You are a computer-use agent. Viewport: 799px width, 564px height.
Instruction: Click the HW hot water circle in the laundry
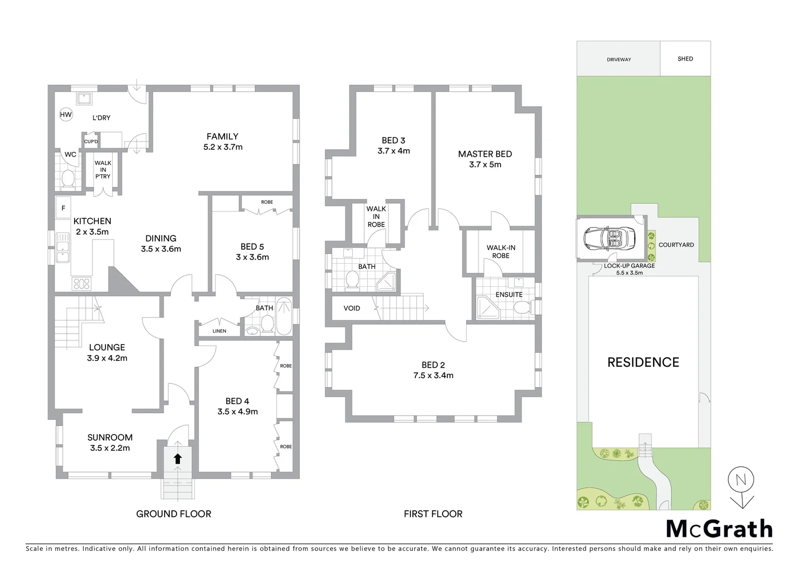[x=66, y=115]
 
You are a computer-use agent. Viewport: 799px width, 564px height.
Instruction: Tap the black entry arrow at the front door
[x=177, y=459]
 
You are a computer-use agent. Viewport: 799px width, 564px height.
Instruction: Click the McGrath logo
[x=719, y=528]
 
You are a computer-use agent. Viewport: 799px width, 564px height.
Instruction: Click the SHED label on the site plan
[x=685, y=59]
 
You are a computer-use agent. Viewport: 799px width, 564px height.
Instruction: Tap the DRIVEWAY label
[x=619, y=60]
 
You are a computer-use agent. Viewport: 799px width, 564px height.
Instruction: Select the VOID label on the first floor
[x=352, y=308]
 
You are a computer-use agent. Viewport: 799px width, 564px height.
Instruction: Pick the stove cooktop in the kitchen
[x=81, y=284]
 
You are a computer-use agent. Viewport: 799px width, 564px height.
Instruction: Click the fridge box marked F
[x=64, y=208]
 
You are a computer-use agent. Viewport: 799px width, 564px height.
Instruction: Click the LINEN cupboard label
[x=219, y=331]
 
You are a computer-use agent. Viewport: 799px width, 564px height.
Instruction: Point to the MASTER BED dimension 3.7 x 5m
[x=484, y=164]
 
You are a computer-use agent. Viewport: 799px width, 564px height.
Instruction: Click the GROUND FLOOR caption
[x=173, y=514]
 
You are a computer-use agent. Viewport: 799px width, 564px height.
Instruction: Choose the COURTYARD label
[x=676, y=245]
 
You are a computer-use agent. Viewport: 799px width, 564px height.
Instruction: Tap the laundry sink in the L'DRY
[x=84, y=98]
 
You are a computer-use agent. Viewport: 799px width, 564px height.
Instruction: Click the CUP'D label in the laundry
[x=91, y=142]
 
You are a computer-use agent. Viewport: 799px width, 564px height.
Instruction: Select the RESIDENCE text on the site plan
[x=643, y=362]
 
